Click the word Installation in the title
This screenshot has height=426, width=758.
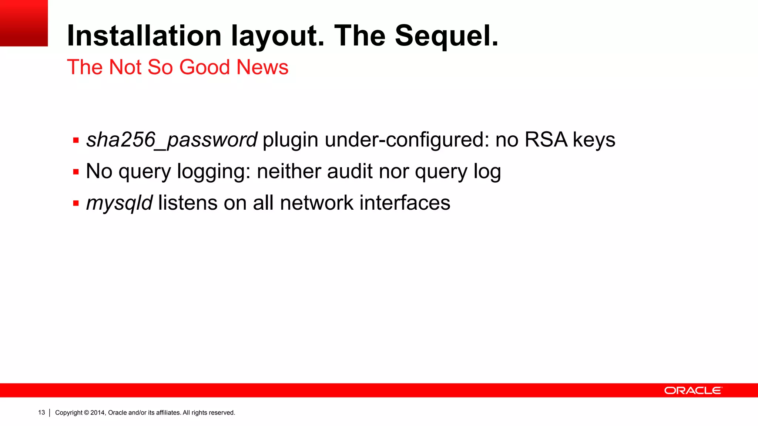point(144,36)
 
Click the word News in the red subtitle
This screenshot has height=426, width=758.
point(262,67)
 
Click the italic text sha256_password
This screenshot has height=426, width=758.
point(171,140)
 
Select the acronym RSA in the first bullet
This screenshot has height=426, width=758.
point(546,140)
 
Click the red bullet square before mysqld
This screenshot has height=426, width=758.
point(76,203)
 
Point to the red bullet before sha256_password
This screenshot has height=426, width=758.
point(76,141)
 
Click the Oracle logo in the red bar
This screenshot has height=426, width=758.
point(693,390)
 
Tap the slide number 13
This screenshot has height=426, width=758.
point(41,413)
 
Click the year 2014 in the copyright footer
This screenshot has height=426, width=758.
point(98,413)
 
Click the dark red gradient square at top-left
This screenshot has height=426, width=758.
point(24,23)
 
